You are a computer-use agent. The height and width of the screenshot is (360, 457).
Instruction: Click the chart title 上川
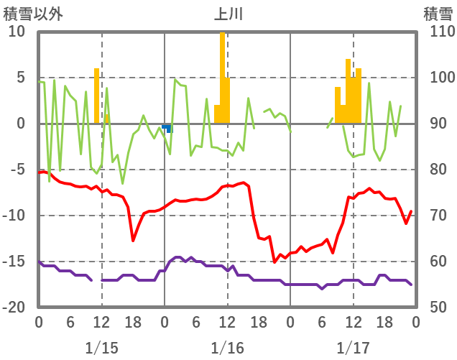pyautogui.click(x=228, y=14)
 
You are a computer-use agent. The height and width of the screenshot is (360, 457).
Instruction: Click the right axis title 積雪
pyautogui.click(x=438, y=14)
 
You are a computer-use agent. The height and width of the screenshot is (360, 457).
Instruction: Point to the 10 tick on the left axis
pyautogui.click(x=17, y=32)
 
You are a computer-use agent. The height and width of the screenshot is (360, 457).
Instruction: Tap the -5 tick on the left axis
pyautogui.click(x=17, y=170)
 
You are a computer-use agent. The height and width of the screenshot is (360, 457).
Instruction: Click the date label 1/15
pyautogui.click(x=101, y=348)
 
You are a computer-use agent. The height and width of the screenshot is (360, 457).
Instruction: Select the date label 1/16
pyautogui.click(x=227, y=348)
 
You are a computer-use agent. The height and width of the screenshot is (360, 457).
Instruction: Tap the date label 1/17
pyautogui.click(x=353, y=348)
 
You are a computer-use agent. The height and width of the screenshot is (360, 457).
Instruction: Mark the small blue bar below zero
pyautogui.click(x=167, y=128)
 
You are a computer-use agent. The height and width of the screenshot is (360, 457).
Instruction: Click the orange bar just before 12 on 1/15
pyautogui.click(x=97, y=96)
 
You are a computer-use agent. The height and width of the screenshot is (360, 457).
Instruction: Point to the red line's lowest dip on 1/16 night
pyautogui.click(x=274, y=262)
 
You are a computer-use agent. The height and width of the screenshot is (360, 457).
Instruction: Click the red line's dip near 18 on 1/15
pyautogui.click(x=133, y=240)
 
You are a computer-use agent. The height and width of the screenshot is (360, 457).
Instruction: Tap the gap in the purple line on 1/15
pyautogui.click(x=96, y=280)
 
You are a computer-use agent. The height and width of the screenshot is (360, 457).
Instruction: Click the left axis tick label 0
pyautogui.click(x=21, y=124)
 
